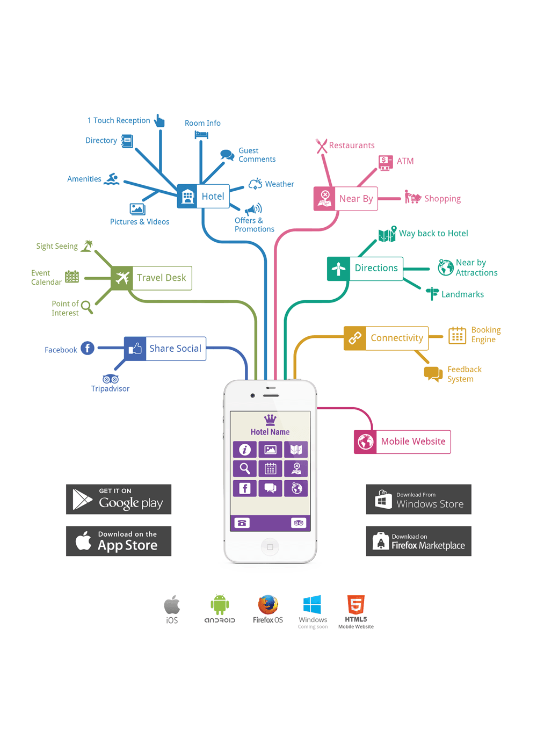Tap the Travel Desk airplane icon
pyautogui.click(x=122, y=278)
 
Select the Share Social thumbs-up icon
pyautogui.click(x=135, y=349)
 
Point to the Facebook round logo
pyautogui.click(x=88, y=348)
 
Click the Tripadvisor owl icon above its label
pyautogui.click(x=111, y=379)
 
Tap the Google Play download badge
pyautogui.click(x=119, y=499)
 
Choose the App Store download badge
pyautogui.click(x=119, y=541)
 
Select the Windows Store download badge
pyautogui.click(x=418, y=499)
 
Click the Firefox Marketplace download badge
pyautogui.click(x=418, y=541)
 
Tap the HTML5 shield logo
pyautogui.click(x=355, y=604)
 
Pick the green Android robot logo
pyautogui.click(x=220, y=605)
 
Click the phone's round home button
pyautogui.click(x=270, y=547)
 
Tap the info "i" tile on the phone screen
pyautogui.click(x=244, y=450)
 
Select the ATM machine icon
pyautogui.click(x=386, y=162)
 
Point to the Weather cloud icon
pyautogui.click(x=256, y=184)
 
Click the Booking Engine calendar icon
pyautogui.click(x=457, y=335)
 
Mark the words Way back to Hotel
pyautogui.click(x=433, y=234)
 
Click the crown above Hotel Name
pyautogui.click(x=270, y=420)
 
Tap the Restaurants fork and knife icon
pyautogui.click(x=322, y=146)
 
